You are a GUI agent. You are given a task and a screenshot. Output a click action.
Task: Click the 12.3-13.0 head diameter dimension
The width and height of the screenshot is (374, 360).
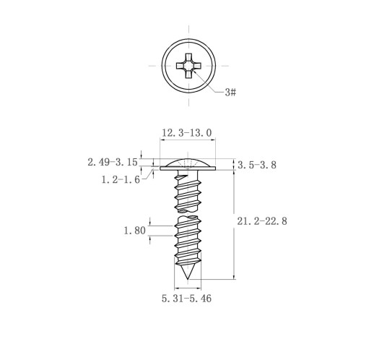187,133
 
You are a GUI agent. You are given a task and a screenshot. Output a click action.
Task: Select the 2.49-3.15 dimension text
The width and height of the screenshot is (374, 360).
113,162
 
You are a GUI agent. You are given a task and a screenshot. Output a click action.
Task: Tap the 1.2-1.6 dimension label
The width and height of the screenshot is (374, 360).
121,179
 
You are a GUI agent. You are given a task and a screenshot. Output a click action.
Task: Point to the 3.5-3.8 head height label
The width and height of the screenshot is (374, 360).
257,165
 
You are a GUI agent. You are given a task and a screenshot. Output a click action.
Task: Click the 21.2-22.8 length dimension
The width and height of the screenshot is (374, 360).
262,221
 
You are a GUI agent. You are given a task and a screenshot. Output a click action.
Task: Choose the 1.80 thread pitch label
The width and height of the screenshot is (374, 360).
135,231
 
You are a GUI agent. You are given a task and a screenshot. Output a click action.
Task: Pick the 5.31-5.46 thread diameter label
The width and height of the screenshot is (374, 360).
186,299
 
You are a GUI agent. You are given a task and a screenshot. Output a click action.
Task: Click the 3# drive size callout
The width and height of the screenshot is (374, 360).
230,93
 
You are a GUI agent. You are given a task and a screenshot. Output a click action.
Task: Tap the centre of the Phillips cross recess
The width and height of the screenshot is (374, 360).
188,66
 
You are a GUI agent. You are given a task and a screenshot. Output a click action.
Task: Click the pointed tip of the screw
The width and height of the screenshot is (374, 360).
188,279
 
